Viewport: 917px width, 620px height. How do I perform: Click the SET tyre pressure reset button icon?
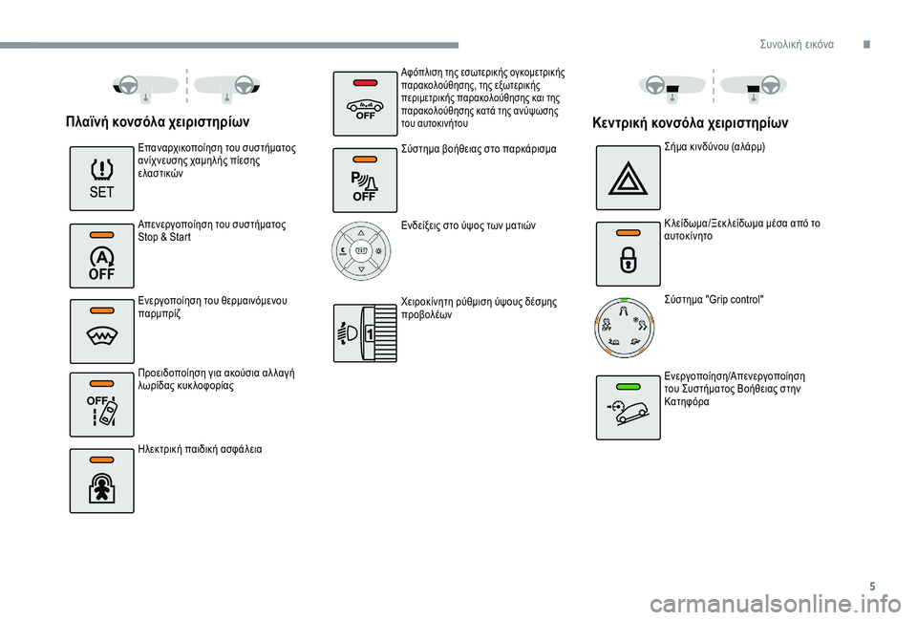pos(101,179)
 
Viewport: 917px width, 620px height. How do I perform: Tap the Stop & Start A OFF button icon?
pos(101,256)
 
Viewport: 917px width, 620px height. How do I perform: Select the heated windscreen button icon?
pos(101,331)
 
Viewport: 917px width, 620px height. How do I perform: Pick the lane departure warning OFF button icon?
pos(101,406)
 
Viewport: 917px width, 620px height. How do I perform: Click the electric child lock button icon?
pos(101,481)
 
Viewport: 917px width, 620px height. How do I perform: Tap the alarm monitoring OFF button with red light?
pos(365,103)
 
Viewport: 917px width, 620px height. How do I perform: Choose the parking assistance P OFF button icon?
pos(365,180)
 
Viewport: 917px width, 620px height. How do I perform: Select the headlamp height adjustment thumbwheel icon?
pos(365,332)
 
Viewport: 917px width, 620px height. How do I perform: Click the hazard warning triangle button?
pos(628,178)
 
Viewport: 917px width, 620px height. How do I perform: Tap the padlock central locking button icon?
pos(628,253)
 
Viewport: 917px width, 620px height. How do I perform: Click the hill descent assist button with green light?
pos(628,407)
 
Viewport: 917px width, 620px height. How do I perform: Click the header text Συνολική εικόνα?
pos(797,44)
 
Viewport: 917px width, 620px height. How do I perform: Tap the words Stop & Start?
pos(164,237)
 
